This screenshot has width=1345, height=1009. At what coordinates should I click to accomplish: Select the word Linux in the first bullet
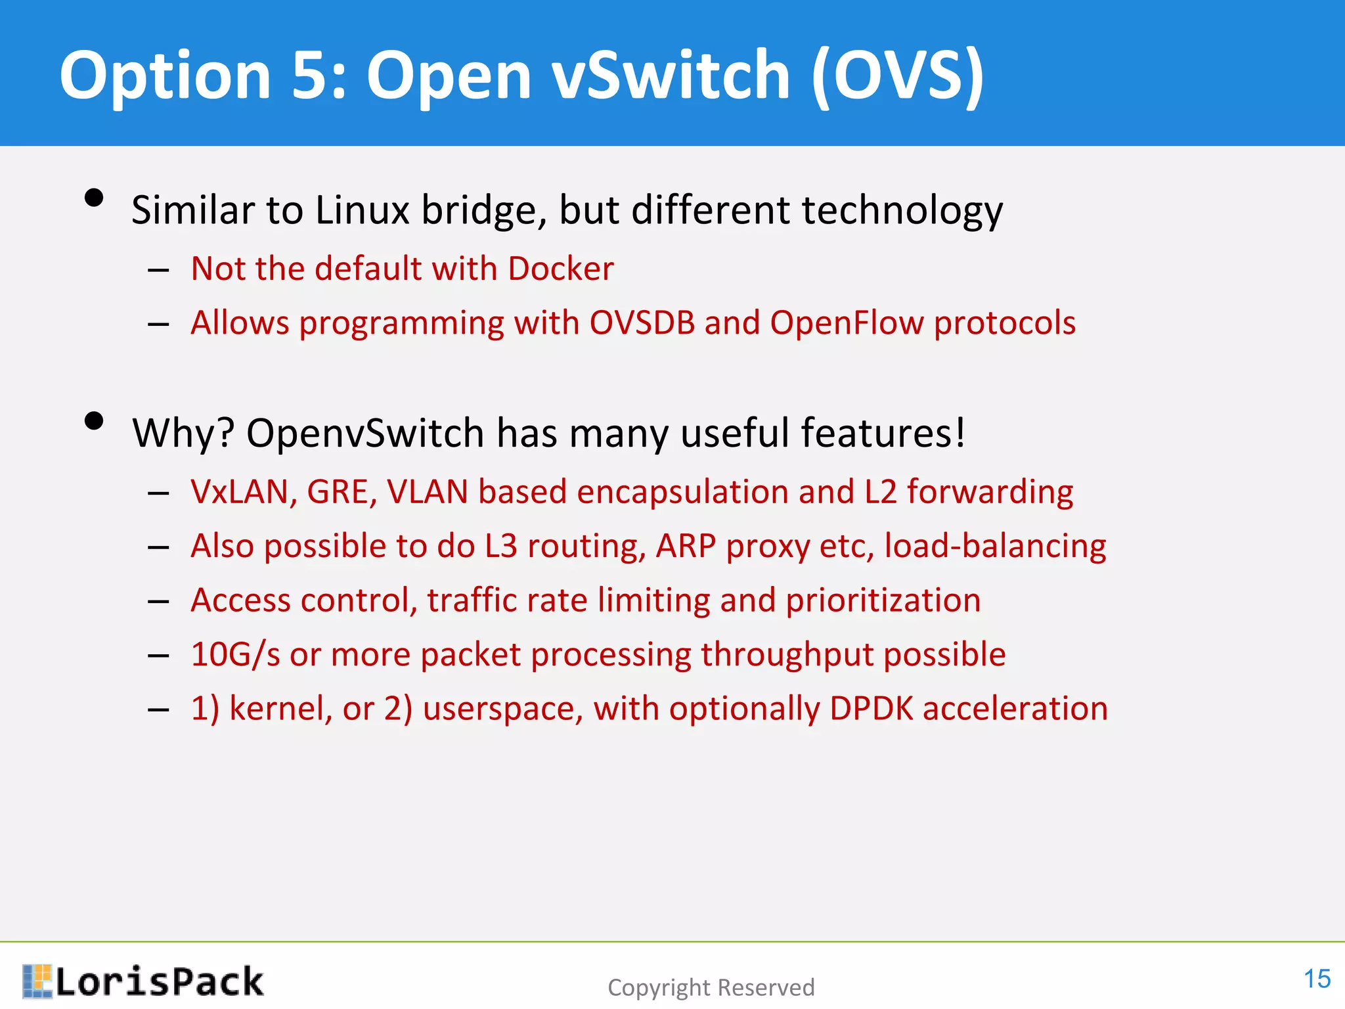[x=363, y=210]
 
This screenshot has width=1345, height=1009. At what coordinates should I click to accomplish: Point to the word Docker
[x=560, y=269]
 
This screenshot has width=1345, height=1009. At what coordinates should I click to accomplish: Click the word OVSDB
[x=642, y=323]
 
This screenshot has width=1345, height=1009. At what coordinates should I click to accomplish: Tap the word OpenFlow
[x=847, y=323]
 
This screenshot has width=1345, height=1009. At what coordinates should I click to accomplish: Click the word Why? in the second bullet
[x=183, y=434]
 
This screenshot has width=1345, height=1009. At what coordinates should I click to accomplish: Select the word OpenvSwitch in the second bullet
[x=365, y=434]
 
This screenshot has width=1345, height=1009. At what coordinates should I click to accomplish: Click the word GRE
[x=342, y=492]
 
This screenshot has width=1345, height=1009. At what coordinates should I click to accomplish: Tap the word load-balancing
[x=995, y=547]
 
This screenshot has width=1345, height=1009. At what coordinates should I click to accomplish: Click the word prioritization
[x=883, y=601]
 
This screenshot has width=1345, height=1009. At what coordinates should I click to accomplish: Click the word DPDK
[x=871, y=709]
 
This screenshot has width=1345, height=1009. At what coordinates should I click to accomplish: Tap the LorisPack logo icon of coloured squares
[x=37, y=981]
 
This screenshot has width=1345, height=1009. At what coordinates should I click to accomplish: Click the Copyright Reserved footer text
[x=711, y=987]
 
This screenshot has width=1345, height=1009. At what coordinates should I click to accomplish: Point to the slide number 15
[x=1316, y=979]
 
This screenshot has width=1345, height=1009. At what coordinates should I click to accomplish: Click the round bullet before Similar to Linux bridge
[x=95, y=198]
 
